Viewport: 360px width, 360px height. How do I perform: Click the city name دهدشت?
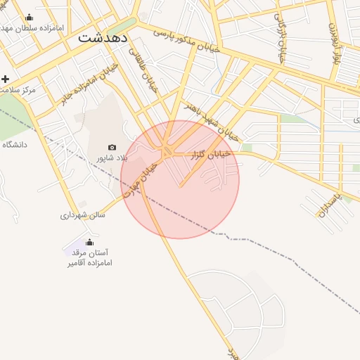(x=103, y=38)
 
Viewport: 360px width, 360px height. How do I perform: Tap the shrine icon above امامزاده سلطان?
(x=29, y=17)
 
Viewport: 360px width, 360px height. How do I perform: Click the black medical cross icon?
(x=6, y=79)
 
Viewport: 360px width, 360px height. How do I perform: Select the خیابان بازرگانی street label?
(x=280, y=37)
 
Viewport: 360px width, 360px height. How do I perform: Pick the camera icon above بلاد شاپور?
(x=112, y=147)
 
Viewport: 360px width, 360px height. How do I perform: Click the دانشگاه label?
(x=14, y=144)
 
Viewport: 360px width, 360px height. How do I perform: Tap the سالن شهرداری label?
(x=82, y=214)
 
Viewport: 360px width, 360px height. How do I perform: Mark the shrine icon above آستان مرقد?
(x=88, y=243)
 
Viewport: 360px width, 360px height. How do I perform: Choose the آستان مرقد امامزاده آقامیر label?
(x=90, y=257)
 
